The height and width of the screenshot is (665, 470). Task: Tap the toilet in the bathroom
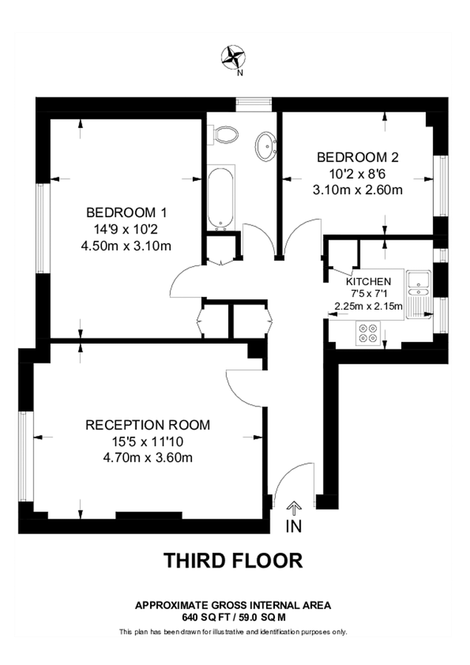(x=225, y=134)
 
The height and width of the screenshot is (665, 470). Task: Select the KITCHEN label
(x=368, y=282)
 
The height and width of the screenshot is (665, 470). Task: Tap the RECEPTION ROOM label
(x=148, y=425)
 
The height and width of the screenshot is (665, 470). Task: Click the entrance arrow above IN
(x=293, y=507)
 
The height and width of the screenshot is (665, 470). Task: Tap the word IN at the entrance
(x=293, y=526)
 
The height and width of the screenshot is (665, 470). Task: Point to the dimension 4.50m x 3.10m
(x=129, y=245)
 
